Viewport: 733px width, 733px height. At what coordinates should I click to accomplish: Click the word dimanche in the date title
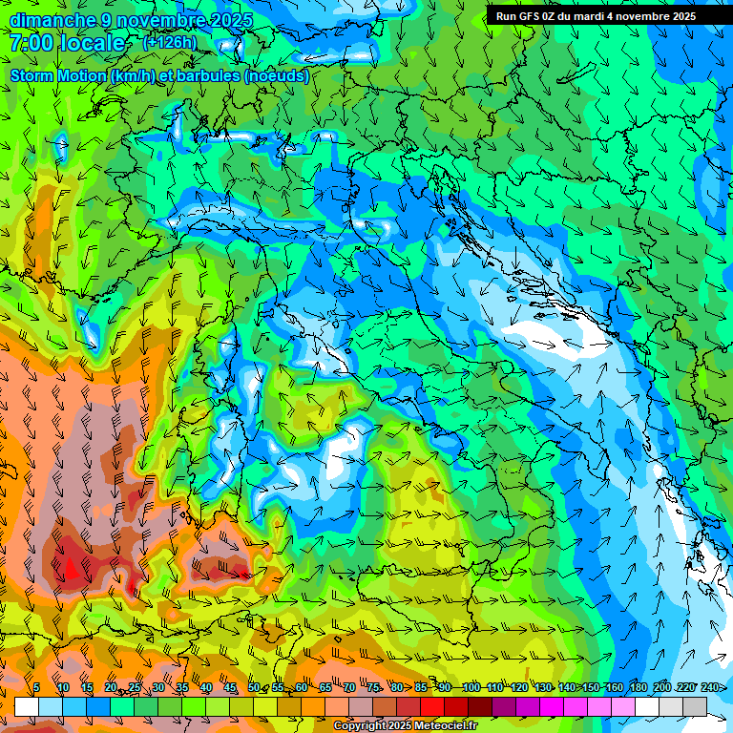tap(52, 20)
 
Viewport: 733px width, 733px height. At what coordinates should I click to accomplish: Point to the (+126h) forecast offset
tap(169, 42)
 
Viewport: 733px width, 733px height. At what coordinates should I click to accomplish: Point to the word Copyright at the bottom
tap(361, 726)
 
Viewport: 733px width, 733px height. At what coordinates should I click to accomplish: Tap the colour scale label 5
tap(36, 688)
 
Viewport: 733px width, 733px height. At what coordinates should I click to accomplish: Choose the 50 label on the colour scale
tap(253, 688)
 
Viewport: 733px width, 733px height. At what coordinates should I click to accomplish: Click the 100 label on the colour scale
tap(471, 688)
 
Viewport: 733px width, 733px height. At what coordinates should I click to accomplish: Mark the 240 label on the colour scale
tap(710, 688)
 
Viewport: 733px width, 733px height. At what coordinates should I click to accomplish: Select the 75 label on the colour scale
tap(373, 688)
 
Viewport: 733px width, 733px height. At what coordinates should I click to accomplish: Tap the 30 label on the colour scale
tap(157, 688)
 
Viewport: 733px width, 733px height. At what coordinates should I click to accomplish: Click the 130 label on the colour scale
tap(542, 688)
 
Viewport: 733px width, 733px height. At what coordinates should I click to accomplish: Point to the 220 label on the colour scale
tap(685, 688)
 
